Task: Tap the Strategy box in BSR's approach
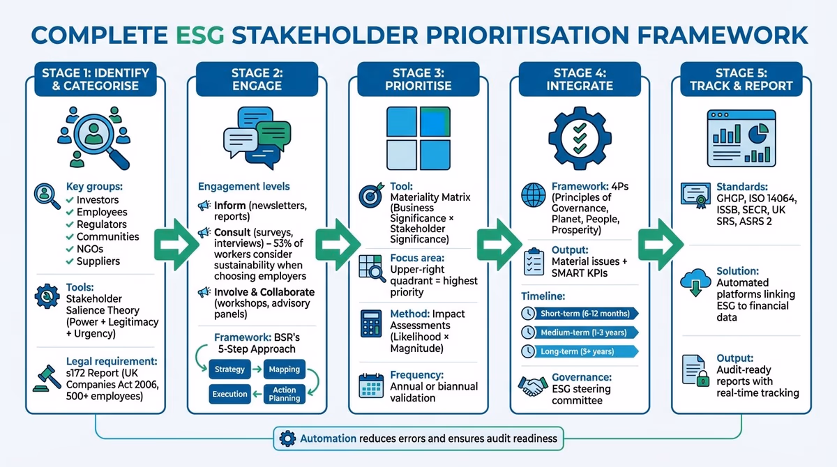click(229, 369)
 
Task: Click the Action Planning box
click(284, 394)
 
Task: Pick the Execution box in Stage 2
click(229, 394)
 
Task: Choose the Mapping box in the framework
click(284, 369)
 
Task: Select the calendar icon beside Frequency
click(370, 385)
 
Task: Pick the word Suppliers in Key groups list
click(98, 261)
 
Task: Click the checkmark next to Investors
click(70, 200)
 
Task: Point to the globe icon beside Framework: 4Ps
click(534, 195)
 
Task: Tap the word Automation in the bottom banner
click(327, 438)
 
